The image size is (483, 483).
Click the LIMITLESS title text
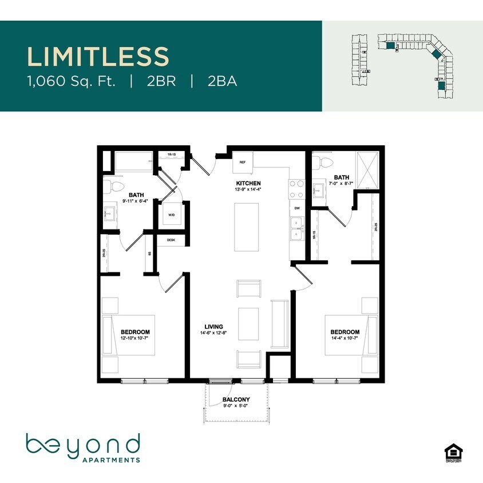pos(98,57)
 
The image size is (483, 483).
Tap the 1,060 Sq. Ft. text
pos(72,81)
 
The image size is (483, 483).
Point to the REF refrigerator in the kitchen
pos(243,162)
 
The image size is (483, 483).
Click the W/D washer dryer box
pos(172,215)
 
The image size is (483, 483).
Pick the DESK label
pos(171,240)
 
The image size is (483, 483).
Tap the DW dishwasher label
pos(297,209)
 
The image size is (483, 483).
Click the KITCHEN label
pos(248,183)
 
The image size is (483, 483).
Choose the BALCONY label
pos(236,400)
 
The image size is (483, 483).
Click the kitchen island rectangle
pos(247,227)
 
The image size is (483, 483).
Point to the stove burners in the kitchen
pos(296,188)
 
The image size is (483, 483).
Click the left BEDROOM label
pos(135,332)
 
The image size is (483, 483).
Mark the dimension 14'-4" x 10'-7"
pos(345,339)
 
